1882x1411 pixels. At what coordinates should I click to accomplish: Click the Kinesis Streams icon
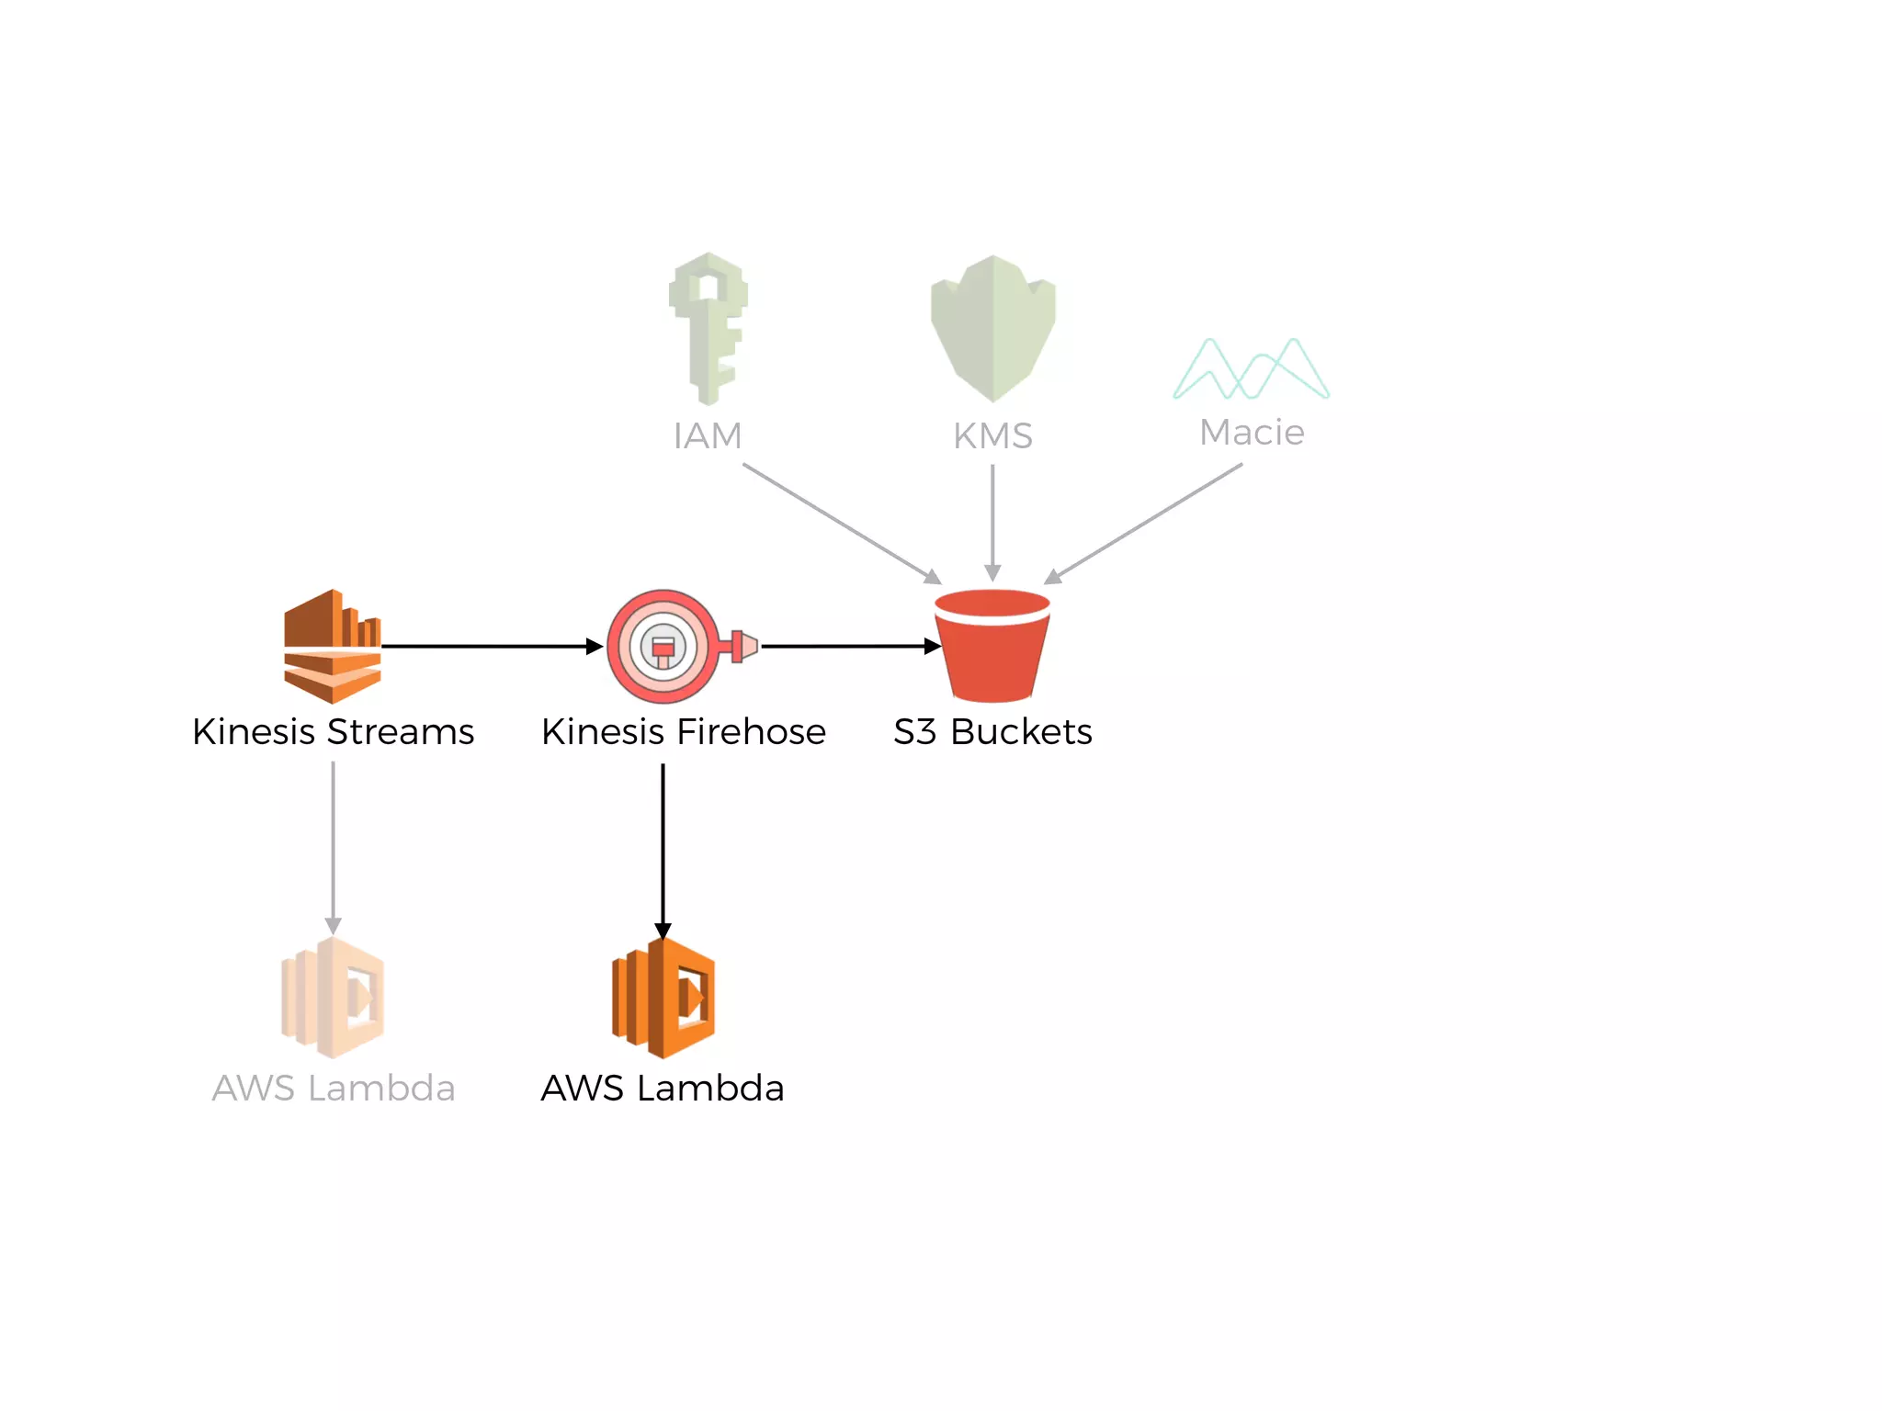click(333, 647)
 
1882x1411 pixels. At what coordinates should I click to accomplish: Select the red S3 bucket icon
click(992, 646)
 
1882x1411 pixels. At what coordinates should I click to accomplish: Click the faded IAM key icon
click(708, 328)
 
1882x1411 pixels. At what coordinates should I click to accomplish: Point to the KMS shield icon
click(993, 328)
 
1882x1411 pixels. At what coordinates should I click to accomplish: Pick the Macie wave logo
click(1252, 369)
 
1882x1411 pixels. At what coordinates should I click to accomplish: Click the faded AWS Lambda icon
click(333, 998)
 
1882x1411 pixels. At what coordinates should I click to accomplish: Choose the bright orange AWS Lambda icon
click(663, 998)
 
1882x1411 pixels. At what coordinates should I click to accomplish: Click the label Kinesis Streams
click(333, 732)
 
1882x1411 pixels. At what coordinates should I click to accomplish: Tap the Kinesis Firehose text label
click(684, 732)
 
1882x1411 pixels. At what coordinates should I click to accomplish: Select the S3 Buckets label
click(992, 732)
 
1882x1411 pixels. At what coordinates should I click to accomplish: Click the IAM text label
click(708, 435)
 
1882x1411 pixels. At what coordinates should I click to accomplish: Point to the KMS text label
click(993, 435)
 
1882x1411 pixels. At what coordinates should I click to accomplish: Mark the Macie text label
click(1252, 432)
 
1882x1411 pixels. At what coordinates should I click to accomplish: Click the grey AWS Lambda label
click(334, 1089)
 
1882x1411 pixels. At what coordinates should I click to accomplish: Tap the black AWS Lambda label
click(663, 1089)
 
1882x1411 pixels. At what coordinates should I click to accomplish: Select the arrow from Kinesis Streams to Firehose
click(492, 647)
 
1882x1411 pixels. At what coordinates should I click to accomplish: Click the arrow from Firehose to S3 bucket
click(850, 647)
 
